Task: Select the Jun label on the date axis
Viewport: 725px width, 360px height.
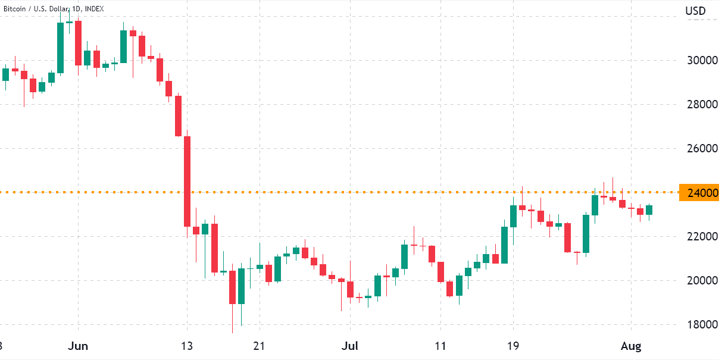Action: [x=79, y=346]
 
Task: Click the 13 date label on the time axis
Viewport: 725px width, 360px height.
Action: [x=187, y=346]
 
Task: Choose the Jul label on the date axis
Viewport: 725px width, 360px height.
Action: [x=351, y=346]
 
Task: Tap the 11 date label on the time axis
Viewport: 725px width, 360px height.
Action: [x=440, y=346]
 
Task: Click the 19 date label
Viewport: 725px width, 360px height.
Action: [x=513, y=346]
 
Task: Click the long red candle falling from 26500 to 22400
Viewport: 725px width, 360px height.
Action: [x=187, y=181]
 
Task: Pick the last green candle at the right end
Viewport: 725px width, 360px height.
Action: [x=649, y=210]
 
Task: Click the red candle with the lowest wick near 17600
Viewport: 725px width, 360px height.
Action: [x=232, y=287]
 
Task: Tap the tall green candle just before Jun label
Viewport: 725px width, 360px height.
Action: [x=60, y=48]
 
